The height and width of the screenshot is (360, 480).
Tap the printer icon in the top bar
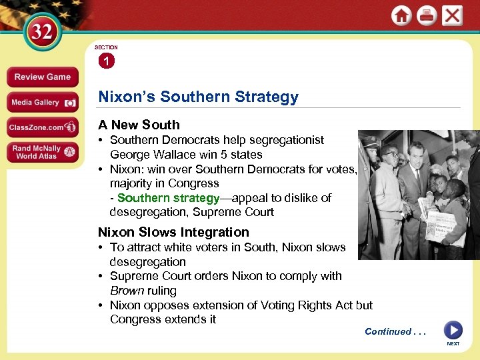click(427, 15)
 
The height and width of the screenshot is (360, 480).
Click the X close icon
click(452, 15)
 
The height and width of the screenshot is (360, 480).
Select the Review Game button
click(42, 77)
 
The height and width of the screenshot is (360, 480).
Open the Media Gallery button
click(42, 102)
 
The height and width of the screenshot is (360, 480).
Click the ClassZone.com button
click(42, 127)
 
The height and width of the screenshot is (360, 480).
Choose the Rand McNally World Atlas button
click(42, 153)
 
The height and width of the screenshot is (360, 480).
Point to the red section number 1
click(105, 61)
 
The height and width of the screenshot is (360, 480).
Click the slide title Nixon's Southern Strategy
click(198, 97)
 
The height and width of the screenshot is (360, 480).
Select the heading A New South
click(139, 125)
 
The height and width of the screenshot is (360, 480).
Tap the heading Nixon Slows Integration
click(173, 232)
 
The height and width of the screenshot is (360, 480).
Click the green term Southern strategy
click(168, 198)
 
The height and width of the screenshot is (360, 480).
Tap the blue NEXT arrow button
click(453, 330)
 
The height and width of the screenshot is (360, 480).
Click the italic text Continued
click(387, 331)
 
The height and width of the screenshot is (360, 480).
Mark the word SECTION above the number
click(106, 47)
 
